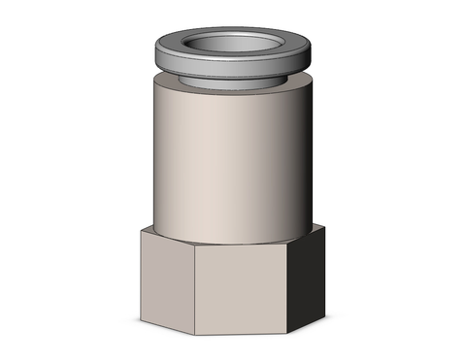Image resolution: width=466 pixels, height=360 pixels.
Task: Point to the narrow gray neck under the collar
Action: tap(233, 80)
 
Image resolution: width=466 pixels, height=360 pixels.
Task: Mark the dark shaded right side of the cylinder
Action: tap(303, 155)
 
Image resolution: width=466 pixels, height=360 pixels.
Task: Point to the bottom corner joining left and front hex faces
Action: tap(194, 334)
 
